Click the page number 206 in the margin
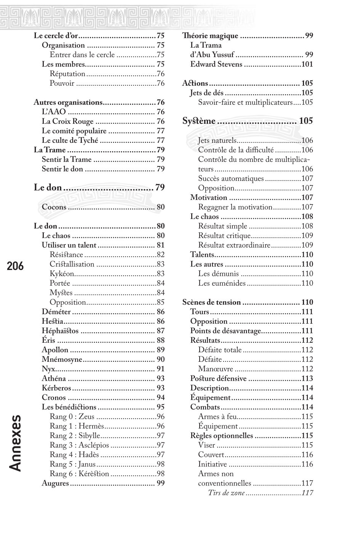pyautogui.click(x=15, y=266)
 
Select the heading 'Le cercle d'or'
pyautogui.click(x=56, y=36)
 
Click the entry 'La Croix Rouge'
pyautogui.click(x=67, y=121)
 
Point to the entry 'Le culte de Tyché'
pyautogui.click(x=70, y=141)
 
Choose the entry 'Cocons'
pyautogui.click(x=54, y=207)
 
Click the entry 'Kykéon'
pyautogui.click(x=62, y=274)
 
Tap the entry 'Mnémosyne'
pyautogui.click(x=62, y=359)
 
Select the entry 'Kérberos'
pyautogui.click(x=56, y=388)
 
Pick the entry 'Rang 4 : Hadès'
pyautogui.click(x=74, y=455)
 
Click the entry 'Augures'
pyautogui.click(x=55, y=483)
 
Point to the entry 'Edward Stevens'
pyautogui.click(x=216, y=64)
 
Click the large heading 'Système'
pyautogui.click(x=199, y=121)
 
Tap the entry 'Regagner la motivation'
pyautogui.click(x=235, y=207)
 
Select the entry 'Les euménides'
pyautogui.click(x=222, y=283)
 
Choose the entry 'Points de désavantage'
pyautogui.click(x=226, y=331)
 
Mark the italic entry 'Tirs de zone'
pyautogui.click(x=226, y=493)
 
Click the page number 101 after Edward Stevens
pyautogui.click(x=307, y=64)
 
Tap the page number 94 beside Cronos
pyautogui.click(x=160, y=398)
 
